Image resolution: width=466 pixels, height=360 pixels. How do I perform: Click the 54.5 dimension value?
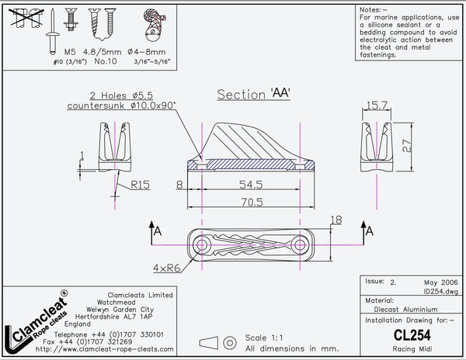click(249, 185)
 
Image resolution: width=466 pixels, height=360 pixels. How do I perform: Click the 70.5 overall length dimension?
click(249, 201)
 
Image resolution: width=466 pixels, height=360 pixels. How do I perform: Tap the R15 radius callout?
click(141, 185)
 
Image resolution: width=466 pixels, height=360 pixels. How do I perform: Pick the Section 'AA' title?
click(253, 94)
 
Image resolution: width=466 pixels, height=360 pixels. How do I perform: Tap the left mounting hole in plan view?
click(202, 245)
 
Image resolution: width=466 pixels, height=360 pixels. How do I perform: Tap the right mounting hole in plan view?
click(299, 245)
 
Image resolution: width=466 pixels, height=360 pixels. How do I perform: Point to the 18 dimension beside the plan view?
click(336, 220)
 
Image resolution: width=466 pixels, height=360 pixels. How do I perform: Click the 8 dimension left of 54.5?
click(179, 185)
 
